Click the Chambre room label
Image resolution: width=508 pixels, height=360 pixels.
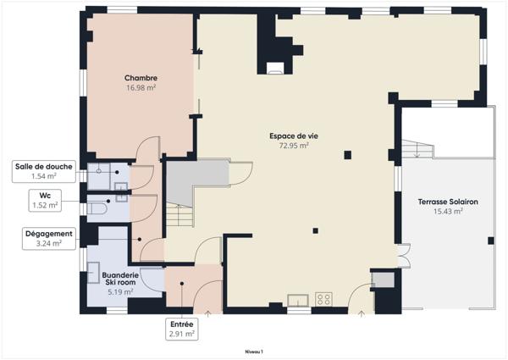pos(141,78)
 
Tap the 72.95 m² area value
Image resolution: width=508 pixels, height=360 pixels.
pos(294,146)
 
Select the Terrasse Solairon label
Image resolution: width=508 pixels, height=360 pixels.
pos(448,202)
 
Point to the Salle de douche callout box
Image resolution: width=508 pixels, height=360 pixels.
pos(44,171)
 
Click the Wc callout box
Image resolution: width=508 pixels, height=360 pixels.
pos(45,201)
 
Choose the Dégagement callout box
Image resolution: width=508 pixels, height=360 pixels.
pos(49,239)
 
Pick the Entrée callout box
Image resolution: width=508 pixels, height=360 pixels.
pos(182,330)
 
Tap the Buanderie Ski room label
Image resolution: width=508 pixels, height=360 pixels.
pos(120,279)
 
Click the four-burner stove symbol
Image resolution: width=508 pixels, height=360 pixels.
pos(324,299)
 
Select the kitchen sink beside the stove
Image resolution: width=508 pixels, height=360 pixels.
pos(298,300)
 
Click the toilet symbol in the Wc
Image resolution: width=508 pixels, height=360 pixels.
pos(97,208)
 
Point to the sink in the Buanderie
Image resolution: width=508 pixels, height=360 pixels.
pos(93,273)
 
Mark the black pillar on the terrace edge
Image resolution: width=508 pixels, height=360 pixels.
pos(491,241)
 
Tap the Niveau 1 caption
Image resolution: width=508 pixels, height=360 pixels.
pos(254,352)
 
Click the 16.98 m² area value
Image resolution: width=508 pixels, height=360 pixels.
pos(141,87)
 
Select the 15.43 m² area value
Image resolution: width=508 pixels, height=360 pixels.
pos(448,211)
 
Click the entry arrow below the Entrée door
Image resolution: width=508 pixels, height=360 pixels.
pos(207,313)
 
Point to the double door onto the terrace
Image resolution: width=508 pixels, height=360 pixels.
pos(405,255)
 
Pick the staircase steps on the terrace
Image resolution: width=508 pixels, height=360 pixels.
pos(417,149)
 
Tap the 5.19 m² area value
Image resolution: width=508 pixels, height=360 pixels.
pos(120,292)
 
